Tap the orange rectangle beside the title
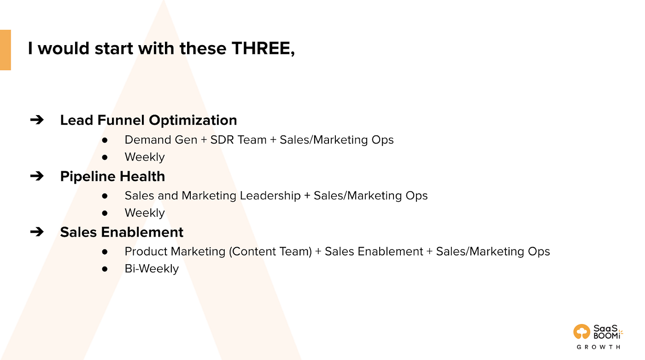(6, 50)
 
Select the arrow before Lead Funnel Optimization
(37, 120)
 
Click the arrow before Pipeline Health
(37, 176)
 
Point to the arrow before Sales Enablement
(37, 232)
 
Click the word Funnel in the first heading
(121, 120)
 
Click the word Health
(142, 176)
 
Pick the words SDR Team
(239, 140)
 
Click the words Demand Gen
(161, 140)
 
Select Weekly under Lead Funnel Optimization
(145, 157)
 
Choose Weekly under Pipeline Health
(145, 213)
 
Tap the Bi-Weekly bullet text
(152, 269)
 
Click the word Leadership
(270, 196)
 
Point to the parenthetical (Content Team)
(270, 252)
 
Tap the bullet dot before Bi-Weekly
(105, 269)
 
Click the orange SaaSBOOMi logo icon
(581, 331)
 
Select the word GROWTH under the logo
(598, 347)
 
